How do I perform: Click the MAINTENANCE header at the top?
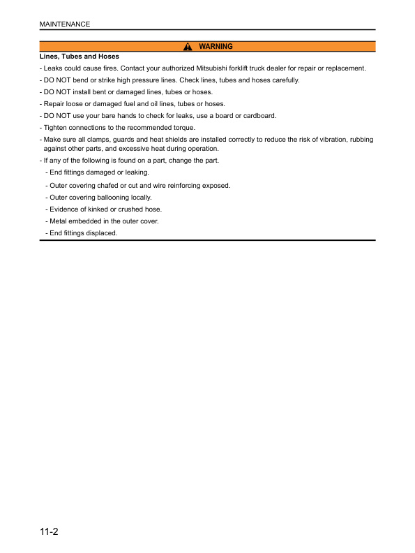[64, 24]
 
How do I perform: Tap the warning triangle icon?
[187, 47]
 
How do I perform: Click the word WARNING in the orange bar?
[216, 47]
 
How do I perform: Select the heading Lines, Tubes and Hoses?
[80, 57]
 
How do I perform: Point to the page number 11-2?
[48, 532]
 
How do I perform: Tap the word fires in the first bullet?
[104, 68]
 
